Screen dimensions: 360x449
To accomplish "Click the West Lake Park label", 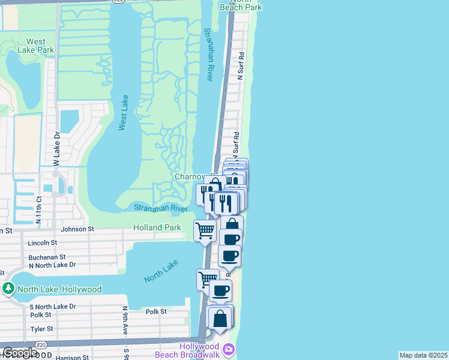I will (x=35, y=46).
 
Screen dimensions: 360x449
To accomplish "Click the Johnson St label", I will (x=78, y=229).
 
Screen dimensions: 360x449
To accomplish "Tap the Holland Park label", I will (x=157, y=228).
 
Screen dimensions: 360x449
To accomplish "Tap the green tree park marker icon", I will (x=8, y=289).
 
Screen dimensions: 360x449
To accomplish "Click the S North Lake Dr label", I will (x=52, y=307).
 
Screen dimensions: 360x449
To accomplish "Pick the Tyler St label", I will (x=41, y=329).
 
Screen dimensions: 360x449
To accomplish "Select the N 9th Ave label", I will (x=125, y=321).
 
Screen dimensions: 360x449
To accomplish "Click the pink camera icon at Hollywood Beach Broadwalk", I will (x=228, y=349).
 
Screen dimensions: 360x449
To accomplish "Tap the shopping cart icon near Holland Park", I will (x=205, y=230).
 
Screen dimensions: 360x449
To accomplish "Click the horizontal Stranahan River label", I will (x=161, y=208).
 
